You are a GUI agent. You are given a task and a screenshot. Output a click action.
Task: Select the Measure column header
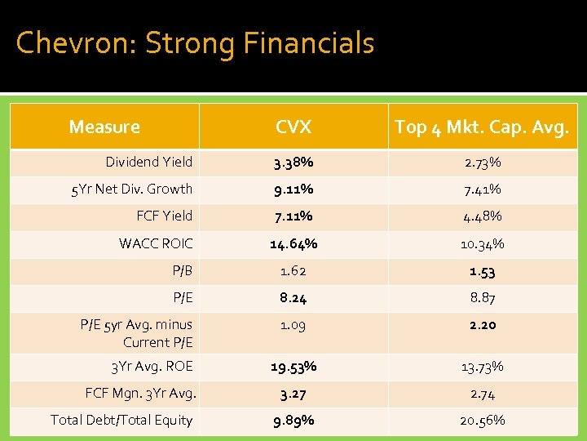tap(104, 127)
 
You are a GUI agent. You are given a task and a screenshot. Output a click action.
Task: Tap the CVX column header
tap(293, 127)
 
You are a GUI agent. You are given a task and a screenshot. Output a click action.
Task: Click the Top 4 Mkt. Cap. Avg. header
tap(482, 127)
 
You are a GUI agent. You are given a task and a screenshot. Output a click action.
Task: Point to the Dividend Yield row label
tap(149, 162)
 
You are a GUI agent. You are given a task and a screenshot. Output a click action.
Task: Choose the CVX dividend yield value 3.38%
tap(293, 163)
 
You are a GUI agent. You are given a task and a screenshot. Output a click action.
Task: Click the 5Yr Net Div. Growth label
tap(132, 189)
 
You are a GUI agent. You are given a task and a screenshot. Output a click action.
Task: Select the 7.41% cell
tap(483, 189)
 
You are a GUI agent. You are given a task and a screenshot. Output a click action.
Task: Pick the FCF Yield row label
tap(165, 216)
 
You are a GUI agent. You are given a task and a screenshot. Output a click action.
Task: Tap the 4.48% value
tap(483, 216)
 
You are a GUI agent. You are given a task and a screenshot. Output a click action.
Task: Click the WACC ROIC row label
tap(156, 243)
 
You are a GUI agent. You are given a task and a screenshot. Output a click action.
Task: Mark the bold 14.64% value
tap(293, 243)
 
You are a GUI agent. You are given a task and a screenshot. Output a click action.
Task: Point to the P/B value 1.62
tap(293, 271)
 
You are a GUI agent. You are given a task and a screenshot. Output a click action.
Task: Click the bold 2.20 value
tap(483, 325)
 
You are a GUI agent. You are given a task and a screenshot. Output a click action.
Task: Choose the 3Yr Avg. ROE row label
tap(152, 366)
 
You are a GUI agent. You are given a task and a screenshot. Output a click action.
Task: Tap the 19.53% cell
tap(293, 367)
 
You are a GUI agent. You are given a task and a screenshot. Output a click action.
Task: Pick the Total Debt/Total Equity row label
tap(121, 420)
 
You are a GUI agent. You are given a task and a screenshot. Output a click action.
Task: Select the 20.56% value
tap(483, 421)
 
